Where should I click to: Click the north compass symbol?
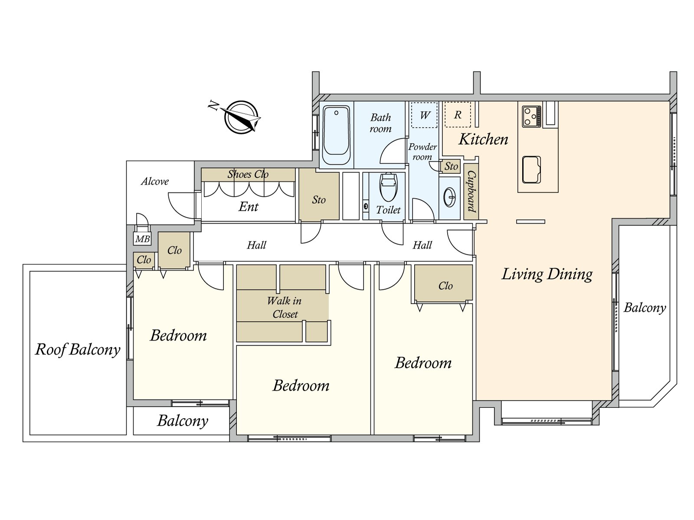click(x=241, y=117)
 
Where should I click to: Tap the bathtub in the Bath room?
click(x=337, y=135)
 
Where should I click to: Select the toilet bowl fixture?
click(x=388, y=187)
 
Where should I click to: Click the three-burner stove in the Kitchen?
click(x=531, y=116)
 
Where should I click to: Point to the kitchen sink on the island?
click(x=531, y=169)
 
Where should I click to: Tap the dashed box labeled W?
click(x=424, y=115)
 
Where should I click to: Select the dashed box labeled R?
click(x=458, y=115)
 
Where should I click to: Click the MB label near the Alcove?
click(x=142, y=239)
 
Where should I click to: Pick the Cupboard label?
click(x=471, y=191)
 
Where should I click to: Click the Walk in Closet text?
click(x=285, y=307)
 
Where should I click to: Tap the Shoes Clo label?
click(x=248, y=174)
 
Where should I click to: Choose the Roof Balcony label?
click(x=78, y=349)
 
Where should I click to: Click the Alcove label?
click(x=155, y=182)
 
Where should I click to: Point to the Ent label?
click(x=249, y=207)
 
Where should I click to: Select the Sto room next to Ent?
click(x=319, y=200)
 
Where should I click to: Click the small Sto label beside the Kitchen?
click(x=451, y=166)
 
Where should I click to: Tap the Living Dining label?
click(x=547, y=274)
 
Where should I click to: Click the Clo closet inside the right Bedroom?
click(x=445, y=286)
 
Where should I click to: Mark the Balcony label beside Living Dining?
click(x=645, y=308)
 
